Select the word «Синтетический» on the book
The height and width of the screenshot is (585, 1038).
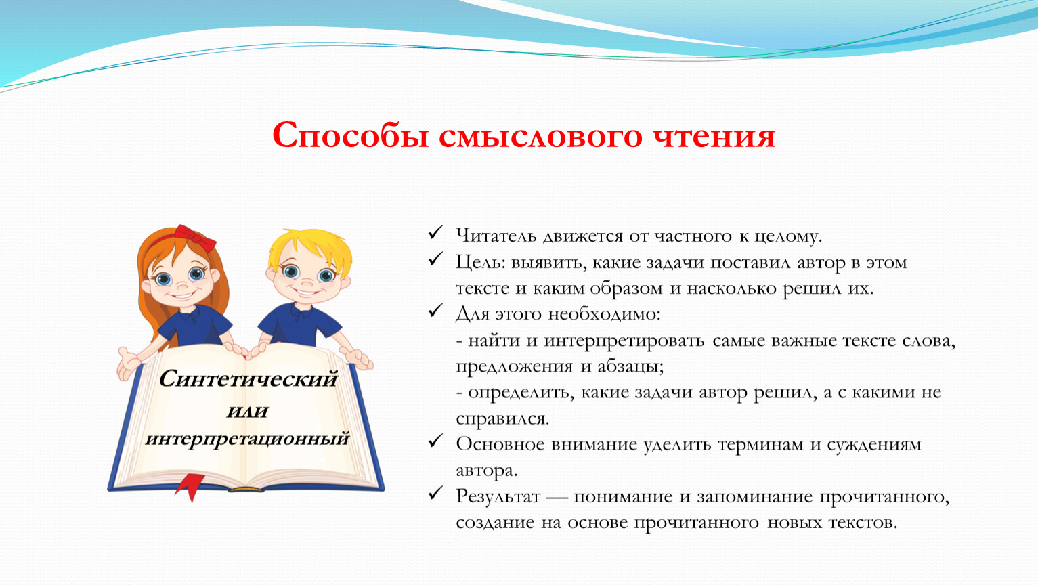[248, 379]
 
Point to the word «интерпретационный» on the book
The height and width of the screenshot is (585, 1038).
[247, 439]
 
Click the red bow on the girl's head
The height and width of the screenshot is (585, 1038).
[195, 238]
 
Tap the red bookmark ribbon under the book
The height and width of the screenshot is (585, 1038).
[190, 487]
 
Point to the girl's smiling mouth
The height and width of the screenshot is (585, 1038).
[181, 295]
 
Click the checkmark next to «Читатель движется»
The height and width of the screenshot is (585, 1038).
[435, 232]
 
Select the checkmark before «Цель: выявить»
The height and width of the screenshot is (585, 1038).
[435, 259]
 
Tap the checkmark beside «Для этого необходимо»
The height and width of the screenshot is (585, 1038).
[435, 310]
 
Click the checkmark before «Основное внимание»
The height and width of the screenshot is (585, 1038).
[435, 440]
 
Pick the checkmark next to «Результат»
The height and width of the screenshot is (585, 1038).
[435, 493]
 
